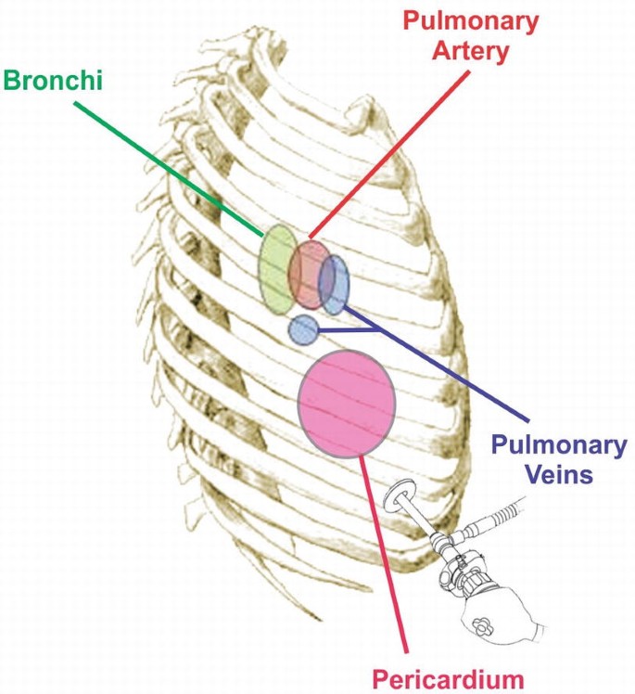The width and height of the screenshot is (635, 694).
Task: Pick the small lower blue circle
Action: point(302,328)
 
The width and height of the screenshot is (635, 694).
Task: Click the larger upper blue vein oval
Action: point(335,284)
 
